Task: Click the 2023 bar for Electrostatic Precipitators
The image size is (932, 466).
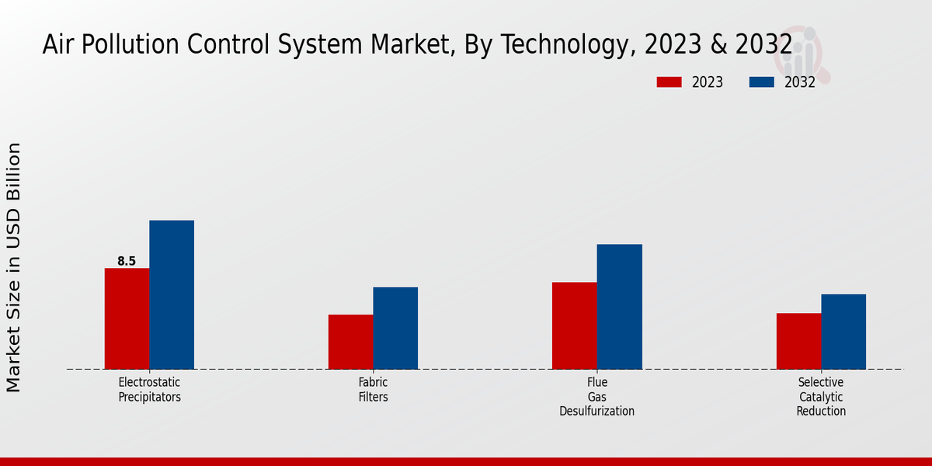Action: [127, 318]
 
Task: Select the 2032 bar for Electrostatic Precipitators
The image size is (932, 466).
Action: [172, 294]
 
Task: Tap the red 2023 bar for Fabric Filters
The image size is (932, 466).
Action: [350, 342]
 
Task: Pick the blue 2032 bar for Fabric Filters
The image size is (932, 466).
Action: [395, 328]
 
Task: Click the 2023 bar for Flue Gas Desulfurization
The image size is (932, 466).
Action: [575, 325]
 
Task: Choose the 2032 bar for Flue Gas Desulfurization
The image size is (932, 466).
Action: [620, 307]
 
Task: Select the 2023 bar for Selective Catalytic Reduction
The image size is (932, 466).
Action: [798, 341]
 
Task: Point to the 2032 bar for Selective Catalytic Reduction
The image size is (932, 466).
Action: [843, 332]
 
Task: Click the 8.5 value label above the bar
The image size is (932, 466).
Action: [127, 262]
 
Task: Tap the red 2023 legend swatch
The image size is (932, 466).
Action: [669, 82]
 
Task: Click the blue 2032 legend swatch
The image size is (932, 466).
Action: [762, 82]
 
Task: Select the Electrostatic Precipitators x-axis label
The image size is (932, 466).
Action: [149, 390]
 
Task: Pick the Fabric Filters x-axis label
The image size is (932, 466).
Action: [373, 390]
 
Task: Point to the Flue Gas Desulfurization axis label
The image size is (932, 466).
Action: [596, 397]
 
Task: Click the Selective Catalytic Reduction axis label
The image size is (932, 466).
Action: [820, 397]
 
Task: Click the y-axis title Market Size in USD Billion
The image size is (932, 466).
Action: [15, 267]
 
